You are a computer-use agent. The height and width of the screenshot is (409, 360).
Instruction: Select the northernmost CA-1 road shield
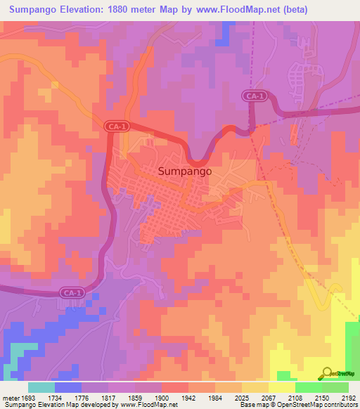coord(257,95)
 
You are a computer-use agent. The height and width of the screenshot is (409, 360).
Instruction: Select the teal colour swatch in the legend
coord(41,387)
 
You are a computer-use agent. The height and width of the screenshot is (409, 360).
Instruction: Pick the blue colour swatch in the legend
coord(67,387)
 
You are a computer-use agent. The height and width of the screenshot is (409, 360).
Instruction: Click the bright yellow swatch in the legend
coord(281,387)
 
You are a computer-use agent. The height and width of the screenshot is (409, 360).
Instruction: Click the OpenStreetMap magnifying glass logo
coord(327,373)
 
